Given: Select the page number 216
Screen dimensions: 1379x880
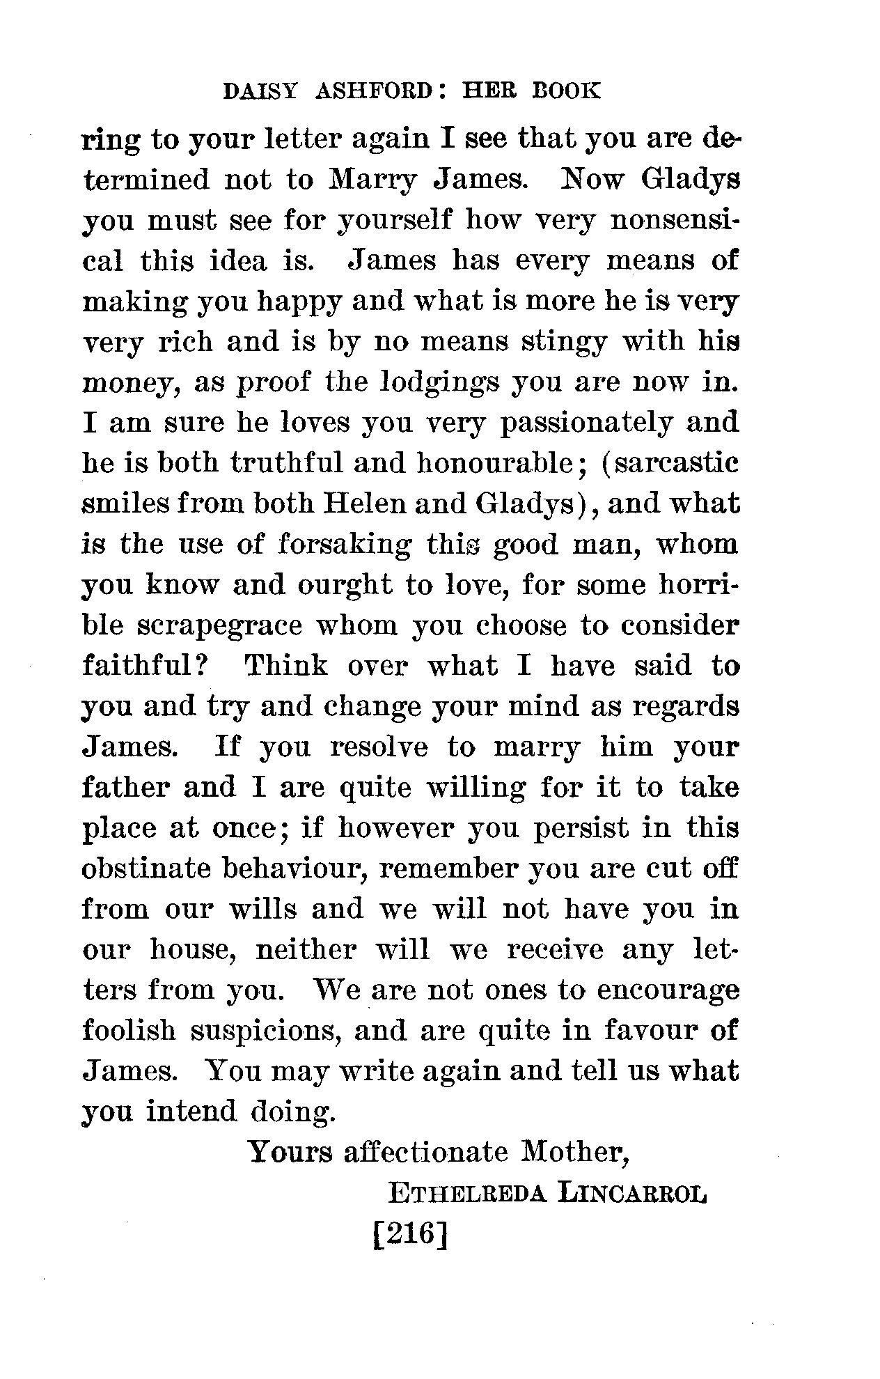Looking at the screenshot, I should (409, 1236).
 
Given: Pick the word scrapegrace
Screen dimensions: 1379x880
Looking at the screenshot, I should (219, 625).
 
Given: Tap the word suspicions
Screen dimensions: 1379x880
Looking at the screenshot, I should (265, 1031).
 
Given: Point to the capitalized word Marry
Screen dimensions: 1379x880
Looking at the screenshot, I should (372, 180).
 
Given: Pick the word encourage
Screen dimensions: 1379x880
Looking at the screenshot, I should (668, 990).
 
